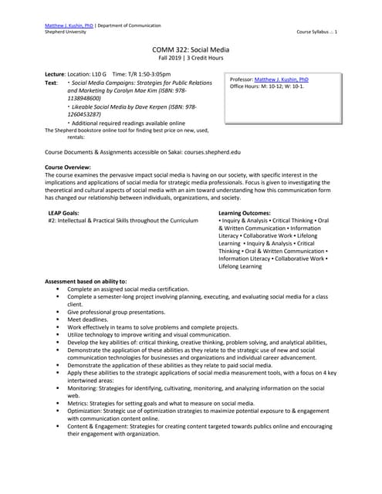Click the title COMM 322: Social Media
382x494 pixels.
(190, 49)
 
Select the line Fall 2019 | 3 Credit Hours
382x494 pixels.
(190, 58)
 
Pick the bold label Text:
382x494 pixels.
(52, 82)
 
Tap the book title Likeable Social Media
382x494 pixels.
(104, 106)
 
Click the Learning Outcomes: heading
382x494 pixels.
(245, 212)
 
